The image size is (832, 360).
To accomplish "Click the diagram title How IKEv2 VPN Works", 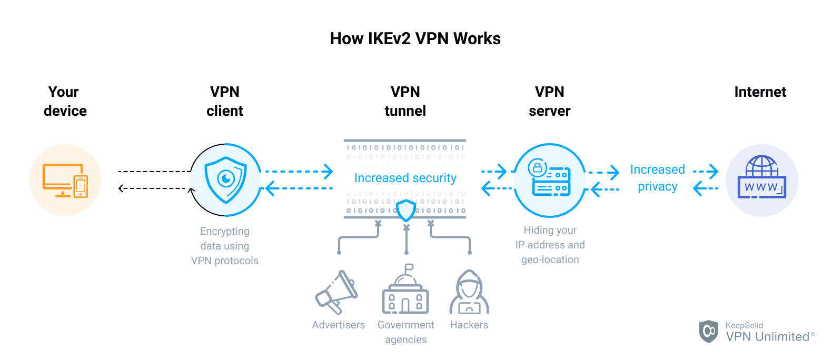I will (x=415, y=38).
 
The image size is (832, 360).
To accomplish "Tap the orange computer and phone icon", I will (x=65, y=181).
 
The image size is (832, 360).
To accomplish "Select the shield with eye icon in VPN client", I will (x=226, y=180).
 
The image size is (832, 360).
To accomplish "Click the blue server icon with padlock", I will (x=550, y=180).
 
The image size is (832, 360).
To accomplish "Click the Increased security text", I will (x=405, y=178).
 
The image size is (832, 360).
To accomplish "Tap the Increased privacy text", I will (x=657, y=178).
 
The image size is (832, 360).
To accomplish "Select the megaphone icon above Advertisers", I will (x=336, y=292).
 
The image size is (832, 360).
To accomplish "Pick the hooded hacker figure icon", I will (x=469, y=293).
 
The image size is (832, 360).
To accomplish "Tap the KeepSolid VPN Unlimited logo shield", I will (x=708, y=331).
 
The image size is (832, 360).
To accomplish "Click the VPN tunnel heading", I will (x=405, y=101).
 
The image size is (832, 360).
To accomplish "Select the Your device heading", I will (x=65, y=101).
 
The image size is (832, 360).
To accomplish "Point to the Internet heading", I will (x=760, y=92).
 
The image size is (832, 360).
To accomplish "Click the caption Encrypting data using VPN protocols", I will (x=225, y=246).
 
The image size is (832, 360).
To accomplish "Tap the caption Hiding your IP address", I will (x=550, y=245).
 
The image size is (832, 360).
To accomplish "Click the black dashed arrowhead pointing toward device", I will (x=121, y=188).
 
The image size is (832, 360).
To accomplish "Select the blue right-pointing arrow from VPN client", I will (x=328, y=171).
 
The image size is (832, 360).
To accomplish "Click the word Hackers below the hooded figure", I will (x=469, y=325).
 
